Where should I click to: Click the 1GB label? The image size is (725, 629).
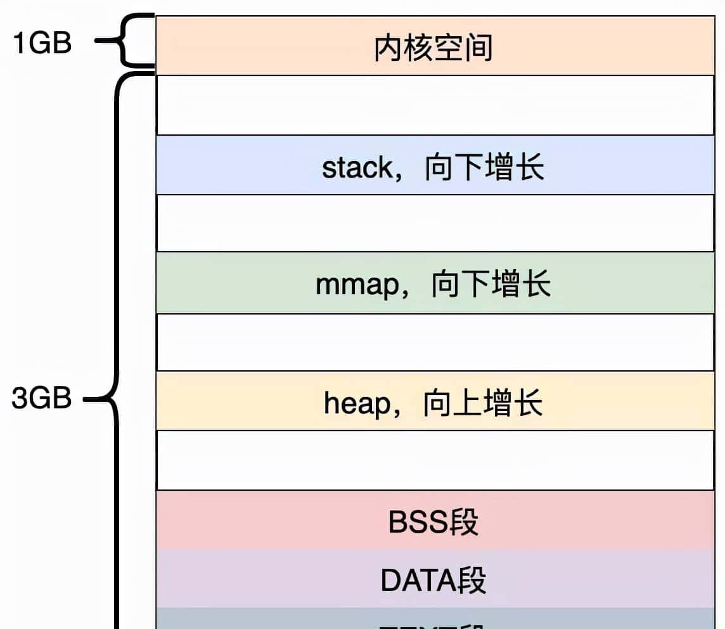pyautogui.click(x=42, y=44)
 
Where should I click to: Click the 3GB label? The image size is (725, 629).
pyautogui.click(x=42, y=399)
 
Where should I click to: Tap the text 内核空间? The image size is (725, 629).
pyautogui.click(x=433, y=48)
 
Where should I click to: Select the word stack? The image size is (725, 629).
pyautogui.click(x=357, y=168)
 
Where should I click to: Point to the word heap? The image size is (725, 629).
pyautogui.click(x=358, y=403)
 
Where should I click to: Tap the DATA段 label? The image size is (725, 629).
pyautogui.click(x=433, y=580)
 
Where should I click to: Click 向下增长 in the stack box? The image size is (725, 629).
pyautogui.click(x=484, y=168)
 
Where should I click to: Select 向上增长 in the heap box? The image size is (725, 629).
pyautogui.click(x=483, y=403)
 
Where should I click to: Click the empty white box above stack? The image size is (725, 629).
pyautogui.click(x=435, y=105)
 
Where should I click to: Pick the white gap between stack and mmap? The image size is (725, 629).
pyautogui.click(x=435, y=223)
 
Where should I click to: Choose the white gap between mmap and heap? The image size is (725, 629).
pyautogui.click(x=435, y=342)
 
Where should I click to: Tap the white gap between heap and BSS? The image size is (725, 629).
pyautogui.click(x=435, y=460)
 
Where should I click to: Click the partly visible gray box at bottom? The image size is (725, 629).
pyautogui.click(x=435, y=619)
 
